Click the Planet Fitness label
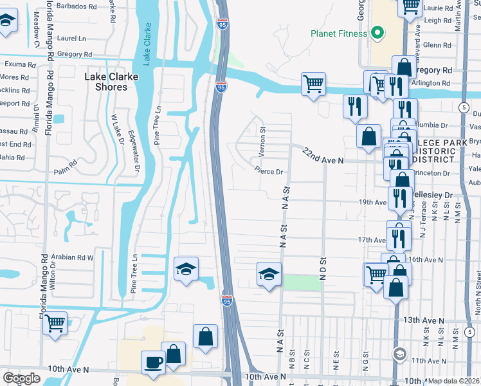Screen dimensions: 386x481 point(338,33)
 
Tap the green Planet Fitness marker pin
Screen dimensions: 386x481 point(378,33)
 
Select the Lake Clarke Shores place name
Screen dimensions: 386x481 point(107,82)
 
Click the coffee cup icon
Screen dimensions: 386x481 point(153,363)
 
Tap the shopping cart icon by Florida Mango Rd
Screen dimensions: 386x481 point(55,323)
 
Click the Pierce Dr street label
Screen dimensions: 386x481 point(269,172)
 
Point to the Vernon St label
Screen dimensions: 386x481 point(262,140)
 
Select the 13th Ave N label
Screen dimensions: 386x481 point(424,320)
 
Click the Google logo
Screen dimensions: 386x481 point(21,378)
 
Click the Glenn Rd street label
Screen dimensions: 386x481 point(437,45)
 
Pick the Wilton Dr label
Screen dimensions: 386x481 point(53,277)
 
